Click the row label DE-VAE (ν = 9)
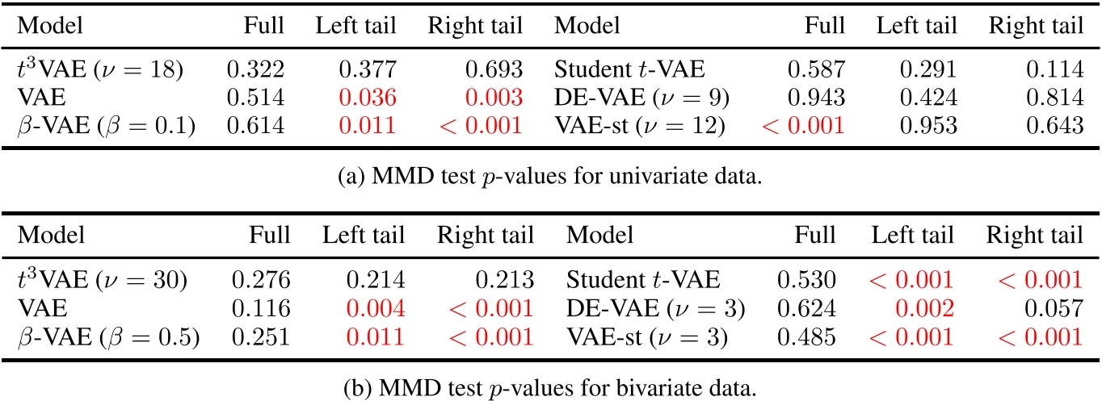tap(641, 98)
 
